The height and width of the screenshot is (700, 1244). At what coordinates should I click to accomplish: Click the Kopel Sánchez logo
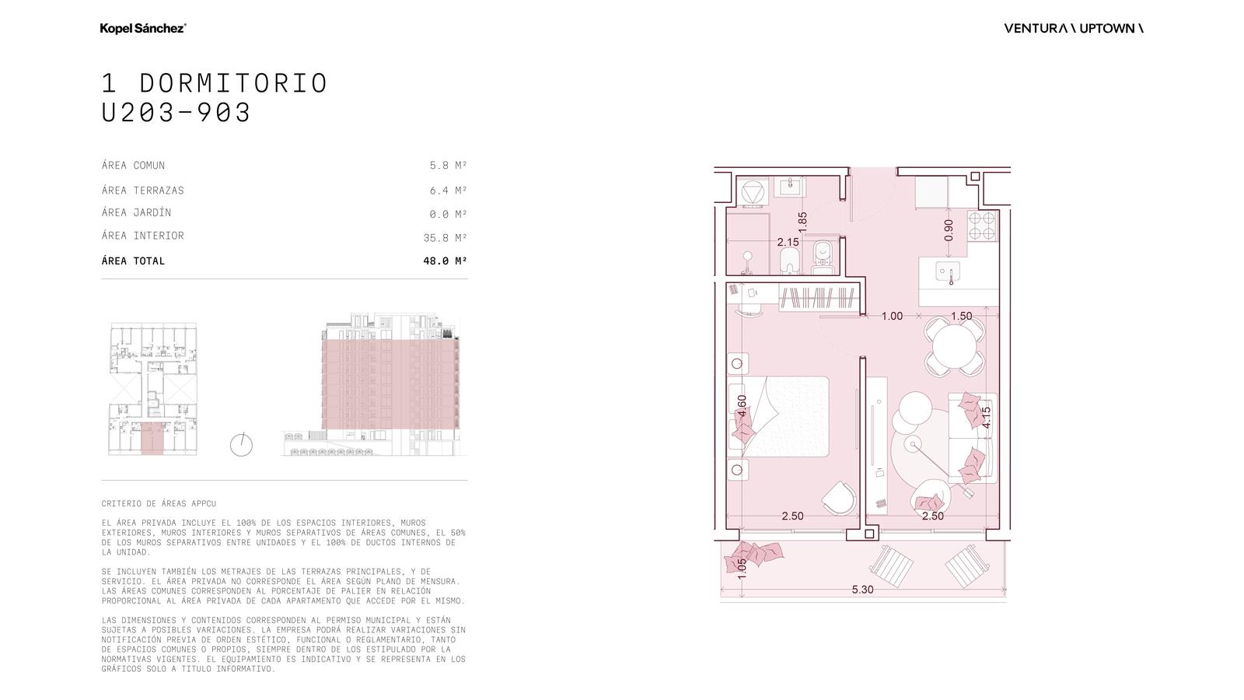click(143, 28)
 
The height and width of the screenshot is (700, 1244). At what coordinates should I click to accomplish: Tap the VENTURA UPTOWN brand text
click(1074, 28)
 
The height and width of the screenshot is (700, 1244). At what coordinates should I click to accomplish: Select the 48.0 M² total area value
click(445, 261)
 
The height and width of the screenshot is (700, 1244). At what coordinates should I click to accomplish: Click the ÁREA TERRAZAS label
click(143, 190)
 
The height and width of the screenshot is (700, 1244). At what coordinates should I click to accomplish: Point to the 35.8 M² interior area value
click(445, 238)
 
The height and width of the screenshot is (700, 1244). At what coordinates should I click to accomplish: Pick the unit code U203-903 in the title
click(176, 113)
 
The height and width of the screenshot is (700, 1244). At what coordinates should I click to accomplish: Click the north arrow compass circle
click(241, 445)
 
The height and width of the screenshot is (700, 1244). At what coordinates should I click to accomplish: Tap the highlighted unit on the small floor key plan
click(152, 439)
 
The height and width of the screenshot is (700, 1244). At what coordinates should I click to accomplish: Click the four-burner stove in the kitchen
click(981, 226)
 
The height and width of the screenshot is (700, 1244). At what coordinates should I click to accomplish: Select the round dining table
click(954, 346)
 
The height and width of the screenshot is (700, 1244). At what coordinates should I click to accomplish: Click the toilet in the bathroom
click(823, 257)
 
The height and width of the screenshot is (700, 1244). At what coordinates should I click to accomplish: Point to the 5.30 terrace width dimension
click(862, 590)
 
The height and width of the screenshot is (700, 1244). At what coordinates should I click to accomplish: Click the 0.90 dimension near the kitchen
click(949, 230)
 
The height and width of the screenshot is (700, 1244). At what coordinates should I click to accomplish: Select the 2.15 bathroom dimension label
click(788, 242)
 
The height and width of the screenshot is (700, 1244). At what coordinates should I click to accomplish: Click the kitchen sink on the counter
click(948, 272)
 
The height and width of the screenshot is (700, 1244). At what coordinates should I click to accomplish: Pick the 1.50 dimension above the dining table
click(961, 316)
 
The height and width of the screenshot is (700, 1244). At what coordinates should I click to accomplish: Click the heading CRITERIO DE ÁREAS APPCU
click(159, 503)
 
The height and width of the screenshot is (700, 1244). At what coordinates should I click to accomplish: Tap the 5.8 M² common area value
click(448, 165)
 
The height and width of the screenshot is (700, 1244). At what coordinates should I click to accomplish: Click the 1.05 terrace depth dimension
click(742, 569)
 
